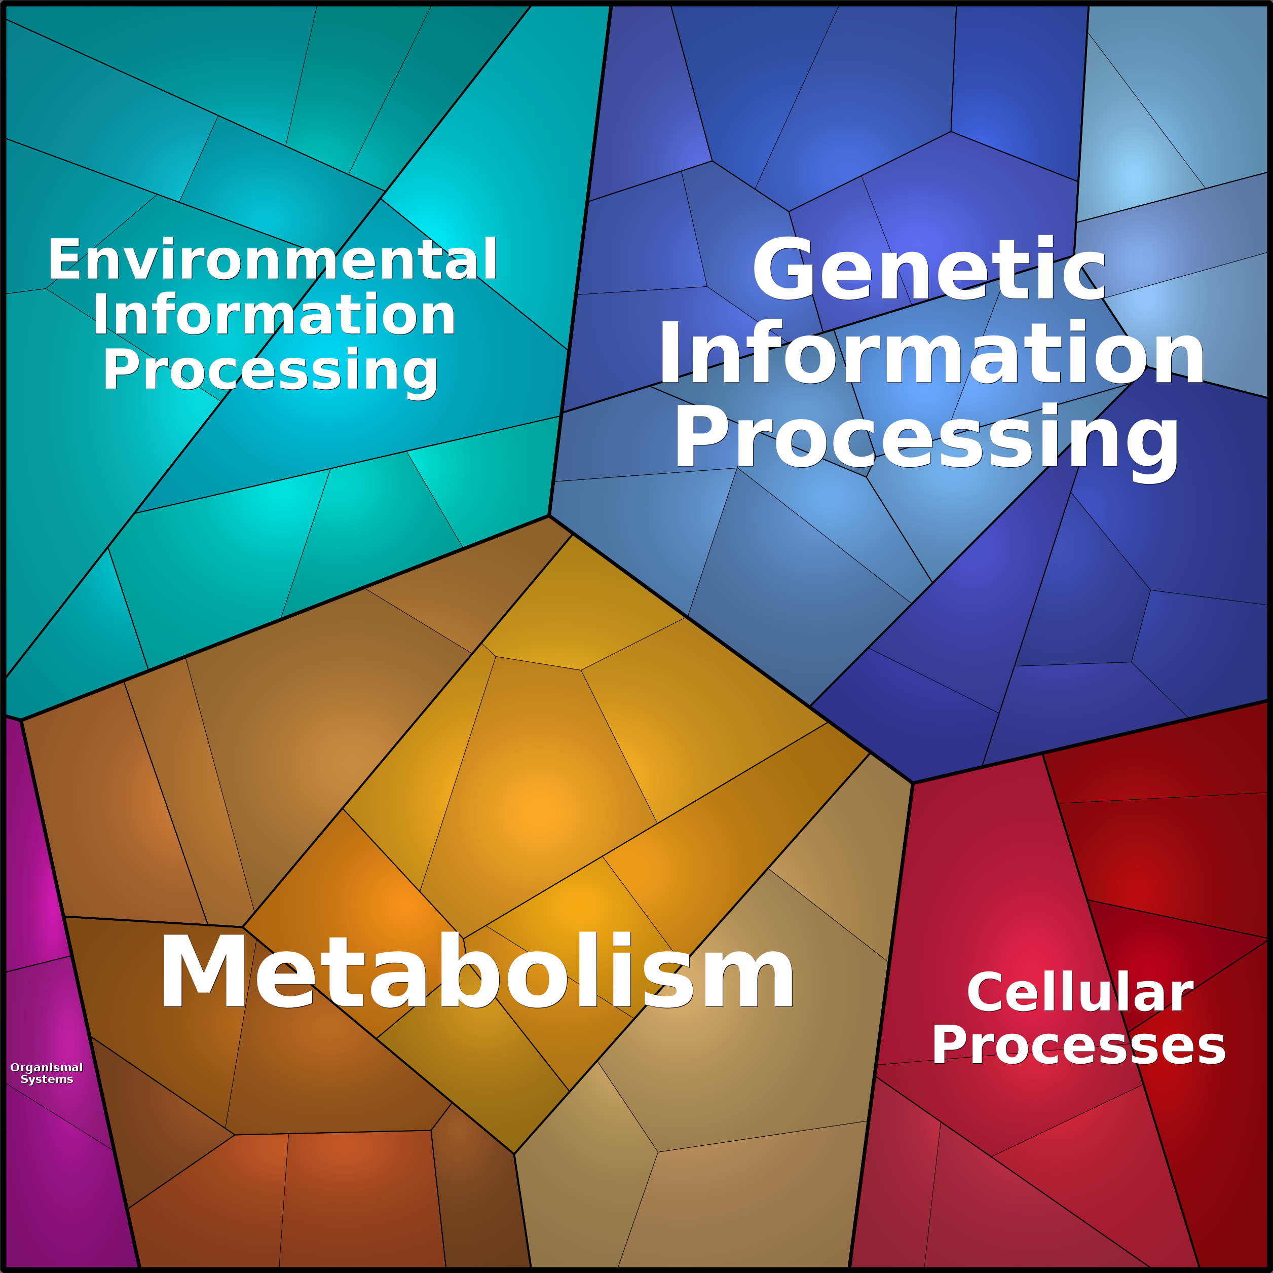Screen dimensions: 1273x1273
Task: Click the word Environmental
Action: pos(272,259)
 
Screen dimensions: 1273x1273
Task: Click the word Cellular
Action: pos(1080,992)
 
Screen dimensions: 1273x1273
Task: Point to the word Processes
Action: pos(1078,1045)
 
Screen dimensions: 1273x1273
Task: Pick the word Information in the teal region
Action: pos(274,314)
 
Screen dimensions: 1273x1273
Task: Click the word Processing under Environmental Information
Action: pos(270,371)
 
